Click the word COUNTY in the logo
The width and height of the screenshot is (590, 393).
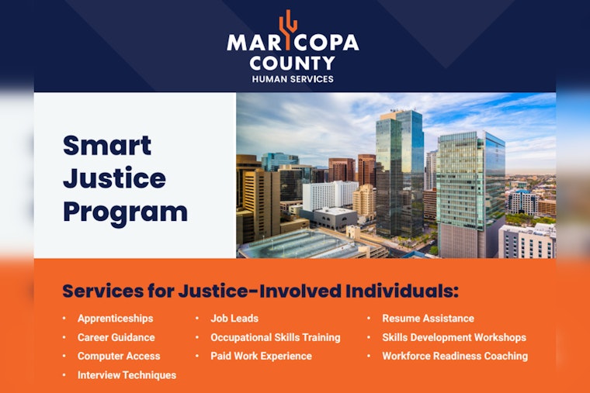click(293, 64)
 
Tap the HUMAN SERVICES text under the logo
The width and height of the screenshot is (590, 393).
click(293, 79)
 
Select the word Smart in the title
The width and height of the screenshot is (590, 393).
click(106, 145)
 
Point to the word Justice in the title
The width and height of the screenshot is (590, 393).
click(114, 178)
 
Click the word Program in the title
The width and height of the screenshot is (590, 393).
click(125, 212)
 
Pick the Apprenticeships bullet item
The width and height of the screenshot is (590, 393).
click(115, 319)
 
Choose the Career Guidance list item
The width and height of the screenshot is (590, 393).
click(116, 337)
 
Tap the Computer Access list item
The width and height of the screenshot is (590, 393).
click(119, 356)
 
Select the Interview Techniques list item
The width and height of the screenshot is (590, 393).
click(127, 375)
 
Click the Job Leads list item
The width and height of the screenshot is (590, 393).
click(234, 319)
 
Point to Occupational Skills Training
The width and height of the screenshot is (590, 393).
click(276, 337)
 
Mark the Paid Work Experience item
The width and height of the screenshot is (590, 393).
click(261, 356)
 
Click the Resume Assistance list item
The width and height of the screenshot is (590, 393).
click(428, 319)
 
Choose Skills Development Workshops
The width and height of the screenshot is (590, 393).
click(454, 337)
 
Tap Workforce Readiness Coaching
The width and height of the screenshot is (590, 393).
click(455, 356)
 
